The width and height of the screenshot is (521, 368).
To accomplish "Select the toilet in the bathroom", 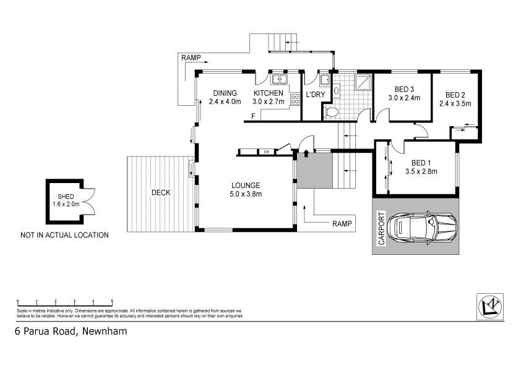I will pyautogui.click(x=331, y=112).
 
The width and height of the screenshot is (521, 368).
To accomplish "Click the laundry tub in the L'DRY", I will pyautogui.click(x=324, y=79).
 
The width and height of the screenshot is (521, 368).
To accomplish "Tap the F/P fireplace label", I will pyautogui.click(x=267, y=152).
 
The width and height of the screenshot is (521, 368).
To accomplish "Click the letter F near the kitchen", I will pyautogui.click(x=253, y=116).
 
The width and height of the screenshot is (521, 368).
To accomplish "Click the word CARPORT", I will pyautogui.click(x=381, y=229).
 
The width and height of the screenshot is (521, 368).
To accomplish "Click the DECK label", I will pyautogui.click(x=161, y=192).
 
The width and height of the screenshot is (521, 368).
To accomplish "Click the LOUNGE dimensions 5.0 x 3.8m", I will pyautogui.click(x=246, y=194).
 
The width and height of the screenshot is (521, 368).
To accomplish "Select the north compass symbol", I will pyautogui.click(x=491, y=306).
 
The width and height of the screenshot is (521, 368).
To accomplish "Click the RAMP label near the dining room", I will pyautogui.click(x=191, y=58).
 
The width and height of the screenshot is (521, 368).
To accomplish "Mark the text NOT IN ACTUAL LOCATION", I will pyautogui.click(x=64, y=235).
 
